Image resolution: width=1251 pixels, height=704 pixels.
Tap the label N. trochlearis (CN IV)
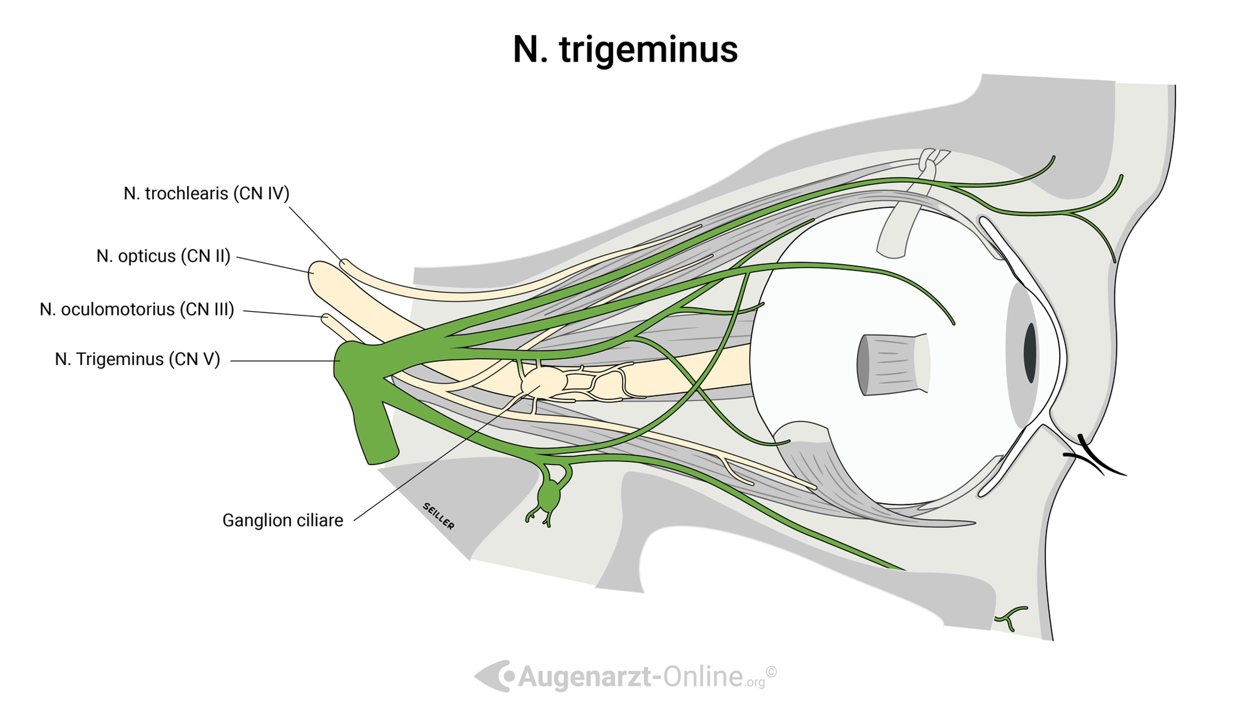tap(206, 193)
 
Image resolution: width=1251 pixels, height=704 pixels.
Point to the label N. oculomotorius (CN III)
tap(137, 310)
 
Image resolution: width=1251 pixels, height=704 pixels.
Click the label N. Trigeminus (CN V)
tap(137, 360)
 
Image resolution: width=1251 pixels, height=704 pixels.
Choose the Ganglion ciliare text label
tap(283, 520)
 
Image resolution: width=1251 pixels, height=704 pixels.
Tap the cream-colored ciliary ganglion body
tap(541, 380)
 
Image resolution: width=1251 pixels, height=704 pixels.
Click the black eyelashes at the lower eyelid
tap(1093, 457)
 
